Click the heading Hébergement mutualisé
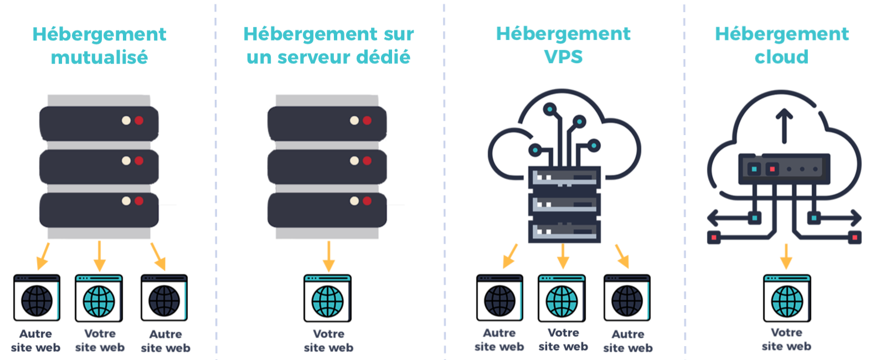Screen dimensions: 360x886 [99, 45]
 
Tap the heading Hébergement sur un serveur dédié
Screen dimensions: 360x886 [328, 45]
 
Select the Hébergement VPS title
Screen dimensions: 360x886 [563, 45]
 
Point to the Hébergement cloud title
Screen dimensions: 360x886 [781, 45]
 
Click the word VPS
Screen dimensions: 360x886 [563, 56]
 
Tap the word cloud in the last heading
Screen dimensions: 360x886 [781, 57]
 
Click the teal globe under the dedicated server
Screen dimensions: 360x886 [328, 301]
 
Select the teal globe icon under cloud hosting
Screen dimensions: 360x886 [787, 301]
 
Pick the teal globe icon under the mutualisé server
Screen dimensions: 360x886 [99, 301]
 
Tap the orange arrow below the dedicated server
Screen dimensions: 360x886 [328, 256]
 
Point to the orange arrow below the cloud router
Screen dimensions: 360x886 [786, 255]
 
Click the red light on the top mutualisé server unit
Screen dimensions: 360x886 [139, 120]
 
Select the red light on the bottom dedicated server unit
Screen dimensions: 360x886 [367, 201]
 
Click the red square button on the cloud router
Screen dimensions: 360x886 [772, 169]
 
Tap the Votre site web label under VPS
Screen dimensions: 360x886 [563, 340]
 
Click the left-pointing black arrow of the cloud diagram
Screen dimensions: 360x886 [714, 218]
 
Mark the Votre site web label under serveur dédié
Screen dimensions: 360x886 [328, 341]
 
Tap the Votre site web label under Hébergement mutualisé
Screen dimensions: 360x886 [100, 341]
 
